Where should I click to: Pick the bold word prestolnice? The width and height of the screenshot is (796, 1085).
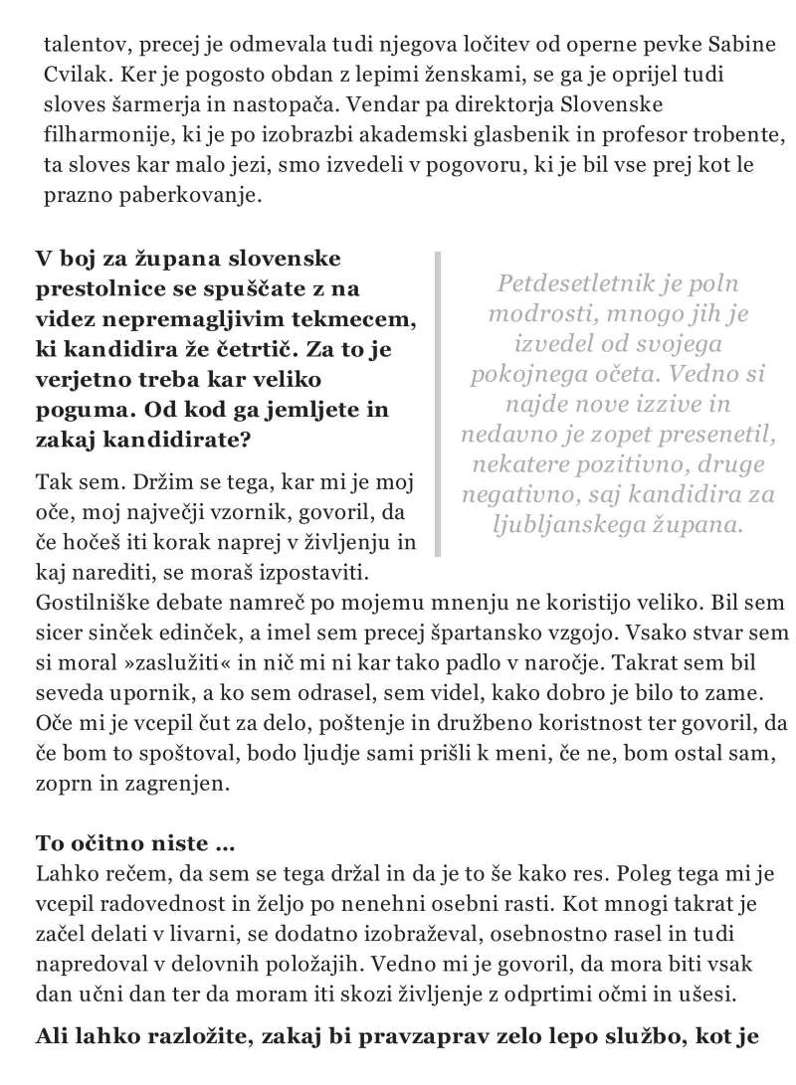(x=94, y=289)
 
